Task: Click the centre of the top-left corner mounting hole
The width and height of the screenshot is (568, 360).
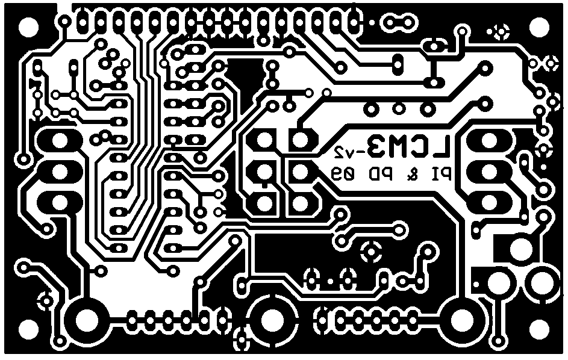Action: (28, 26)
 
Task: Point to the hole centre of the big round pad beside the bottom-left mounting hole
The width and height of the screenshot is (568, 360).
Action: (87, 320)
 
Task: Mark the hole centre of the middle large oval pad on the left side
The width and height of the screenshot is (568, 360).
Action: (58, 172)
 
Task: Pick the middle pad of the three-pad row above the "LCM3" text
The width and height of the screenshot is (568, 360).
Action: (399, 108)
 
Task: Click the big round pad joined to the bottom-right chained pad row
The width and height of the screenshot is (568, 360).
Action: (462, 320)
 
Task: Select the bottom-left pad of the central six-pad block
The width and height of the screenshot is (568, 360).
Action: (264, 203)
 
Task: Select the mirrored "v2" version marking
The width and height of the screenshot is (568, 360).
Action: (343, 152)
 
